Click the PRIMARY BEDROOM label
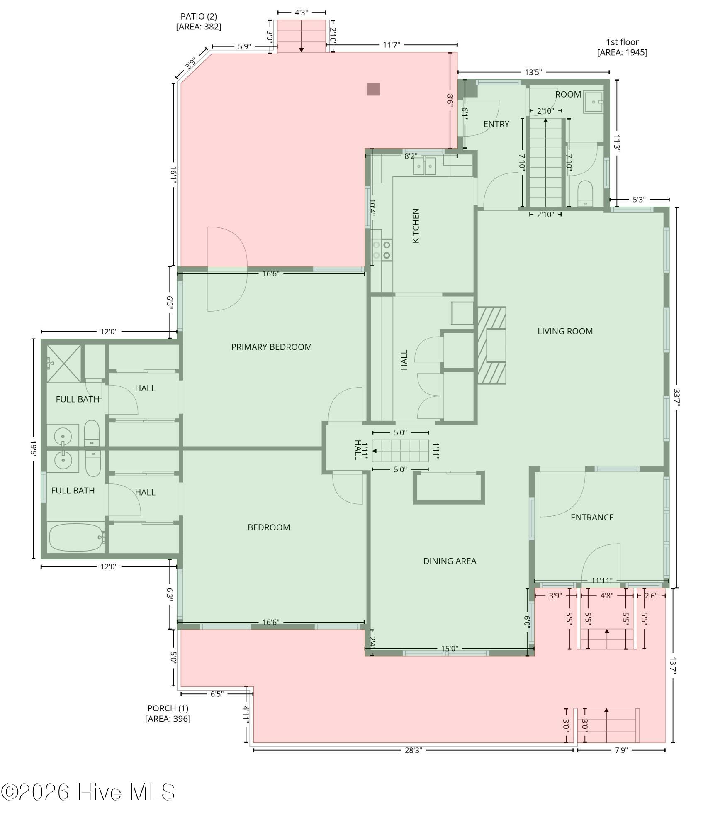[271, 347]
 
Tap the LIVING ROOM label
[565, 331]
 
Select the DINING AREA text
[450, 561]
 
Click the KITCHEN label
[416, 226]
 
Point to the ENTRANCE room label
[592, 517]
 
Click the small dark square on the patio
[373, 89]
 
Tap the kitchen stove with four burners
[382, 250]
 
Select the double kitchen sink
[424, 166]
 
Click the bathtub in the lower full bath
[76, 537]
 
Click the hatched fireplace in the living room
[492, 345]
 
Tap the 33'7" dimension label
[677, 397]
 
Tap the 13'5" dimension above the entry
[533, 72]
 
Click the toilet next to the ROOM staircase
[585, 193]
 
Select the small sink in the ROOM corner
[593, 102]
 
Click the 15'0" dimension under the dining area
[449, 649]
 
